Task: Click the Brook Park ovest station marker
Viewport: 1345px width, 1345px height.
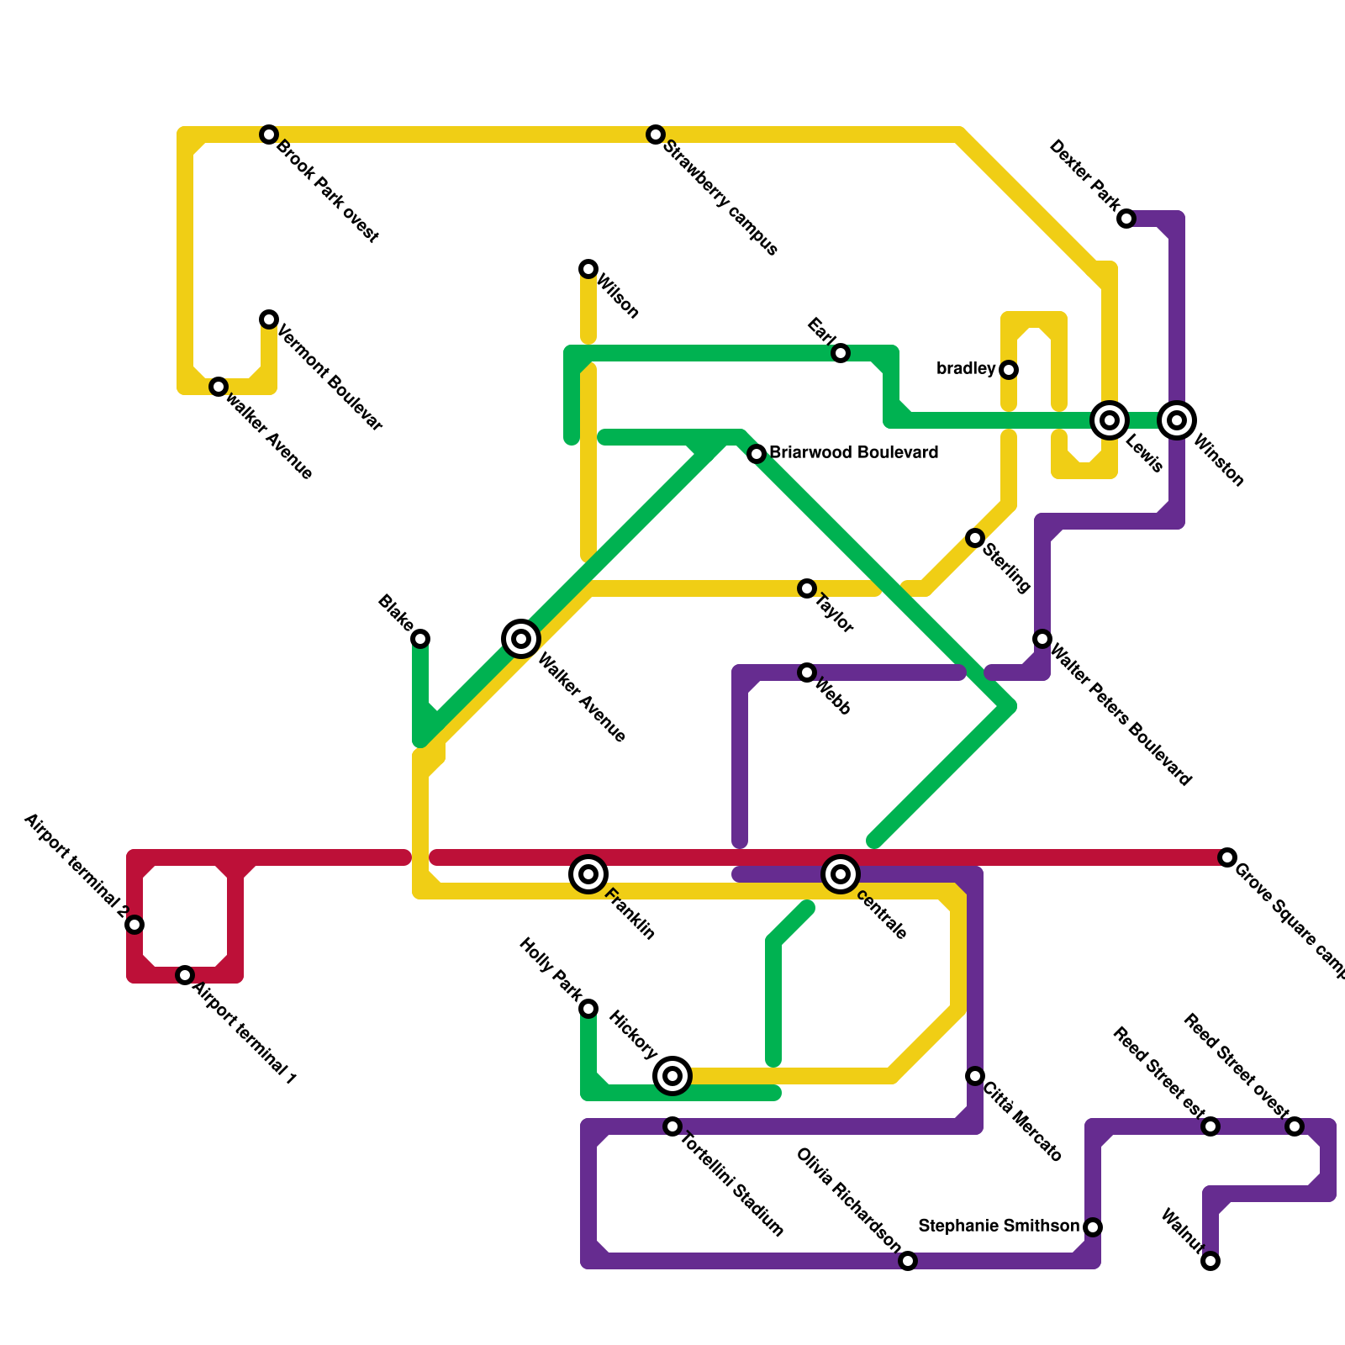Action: [x=269, y=134]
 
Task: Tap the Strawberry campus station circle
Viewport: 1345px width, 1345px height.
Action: [x=656, y=134]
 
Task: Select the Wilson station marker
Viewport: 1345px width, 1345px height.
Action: [x=588, y=269]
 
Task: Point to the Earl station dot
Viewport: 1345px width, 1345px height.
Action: [x=841, y=353]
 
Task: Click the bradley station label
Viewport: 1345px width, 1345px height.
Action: [x=966, y=369]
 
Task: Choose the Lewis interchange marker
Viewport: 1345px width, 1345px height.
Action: [x=1110, y=420]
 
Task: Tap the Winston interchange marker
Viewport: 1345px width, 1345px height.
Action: [x=1177, y=420]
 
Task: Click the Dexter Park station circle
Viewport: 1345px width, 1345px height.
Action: [x=1126, y=219]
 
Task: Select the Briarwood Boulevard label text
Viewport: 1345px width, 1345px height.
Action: [x=853, y=453]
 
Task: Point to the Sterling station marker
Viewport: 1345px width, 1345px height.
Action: [x=975, y=538]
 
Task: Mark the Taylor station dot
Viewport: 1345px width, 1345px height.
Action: [x=807, y=588]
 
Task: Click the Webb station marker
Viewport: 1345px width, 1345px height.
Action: [x=807, y=672]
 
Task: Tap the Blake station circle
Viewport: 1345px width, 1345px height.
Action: [x=420, y=639]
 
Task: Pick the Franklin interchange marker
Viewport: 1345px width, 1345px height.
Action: [x=588, y=874]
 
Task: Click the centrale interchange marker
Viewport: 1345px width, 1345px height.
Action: [x=841, y=874]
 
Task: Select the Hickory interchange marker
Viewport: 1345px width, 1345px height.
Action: [x=672, y=1076]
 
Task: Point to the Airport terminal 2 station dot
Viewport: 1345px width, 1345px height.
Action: [x=134, y=925]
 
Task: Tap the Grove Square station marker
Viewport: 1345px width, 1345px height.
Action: [x=1227, y=857]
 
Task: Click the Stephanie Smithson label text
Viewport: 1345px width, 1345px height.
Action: [x=999, y=1226]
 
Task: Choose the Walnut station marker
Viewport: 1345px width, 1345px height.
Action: [x=1210, y=1261]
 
